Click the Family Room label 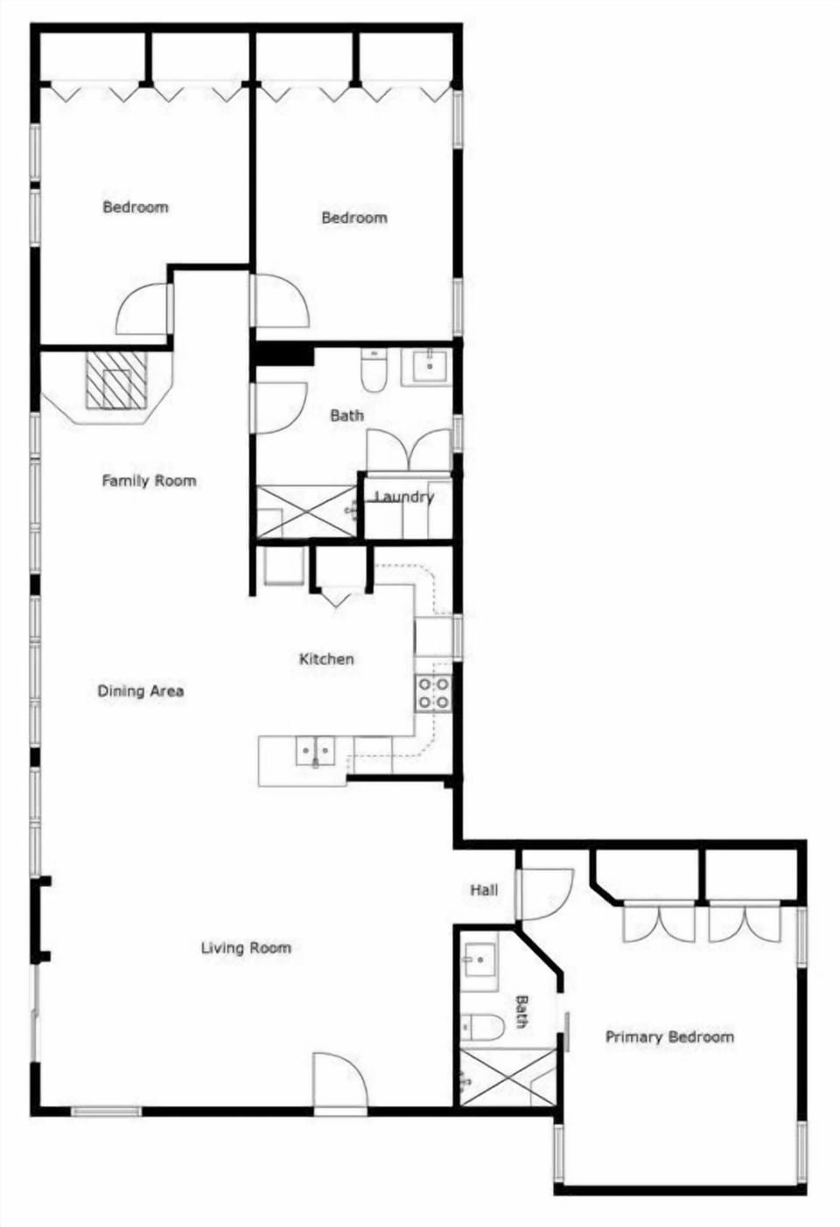(149, 480)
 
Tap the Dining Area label (140, 691)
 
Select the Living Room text (246, 947)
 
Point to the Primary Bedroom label (669, 1036)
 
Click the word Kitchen (326, 659)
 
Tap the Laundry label (404, 497)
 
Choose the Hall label (484, 889)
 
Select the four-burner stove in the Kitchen (433, 693)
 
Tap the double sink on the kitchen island (314, 750)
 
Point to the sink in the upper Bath (428, 366)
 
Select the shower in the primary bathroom (507, 1077)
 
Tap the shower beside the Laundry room (305, 511)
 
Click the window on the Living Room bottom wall (106, 1112)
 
